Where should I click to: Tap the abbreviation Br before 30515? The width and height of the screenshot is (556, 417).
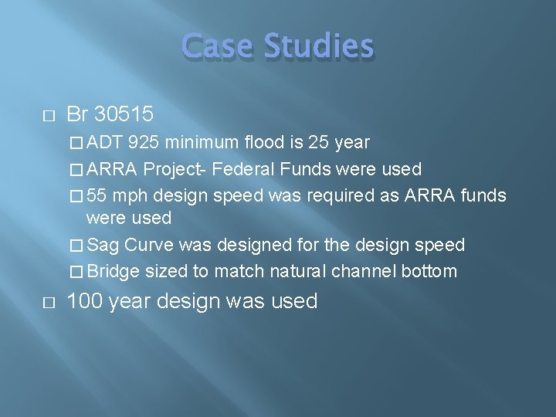pos(77,114)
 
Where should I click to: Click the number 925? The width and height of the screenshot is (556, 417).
pos(144,143)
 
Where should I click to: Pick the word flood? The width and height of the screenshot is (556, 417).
pos(263,143)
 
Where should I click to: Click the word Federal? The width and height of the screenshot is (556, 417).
pos(249,169)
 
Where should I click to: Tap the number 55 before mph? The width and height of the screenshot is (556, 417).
pos(97,195)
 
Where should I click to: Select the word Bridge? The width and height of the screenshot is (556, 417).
pos(113,271)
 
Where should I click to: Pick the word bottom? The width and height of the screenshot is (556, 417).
pos(431,271)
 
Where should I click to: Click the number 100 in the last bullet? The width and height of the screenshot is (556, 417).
pos(86,301)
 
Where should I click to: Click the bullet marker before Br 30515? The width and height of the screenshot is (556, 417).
pos(48,115)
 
